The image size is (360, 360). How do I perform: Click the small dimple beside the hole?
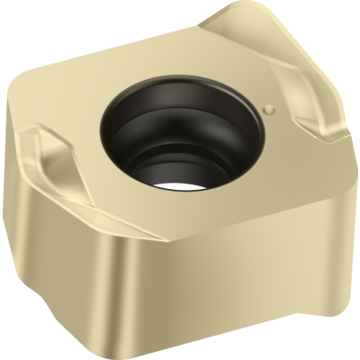(x=268, y=109)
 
